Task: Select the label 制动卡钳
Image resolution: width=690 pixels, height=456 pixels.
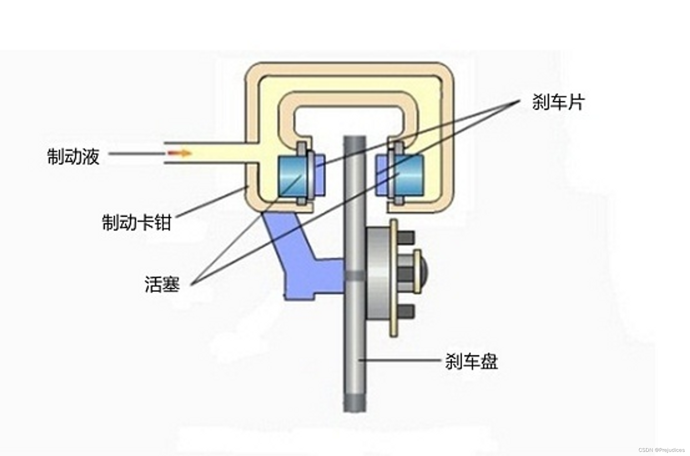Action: point(137,222)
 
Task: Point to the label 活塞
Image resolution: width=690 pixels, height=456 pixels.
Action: point(162,284)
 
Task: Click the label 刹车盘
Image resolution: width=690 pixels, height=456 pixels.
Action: point(471,361)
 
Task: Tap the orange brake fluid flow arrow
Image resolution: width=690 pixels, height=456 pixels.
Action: point(179,153)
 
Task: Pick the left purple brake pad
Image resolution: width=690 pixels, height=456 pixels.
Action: point(319,176)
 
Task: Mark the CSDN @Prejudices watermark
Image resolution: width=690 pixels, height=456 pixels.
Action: point(661,450)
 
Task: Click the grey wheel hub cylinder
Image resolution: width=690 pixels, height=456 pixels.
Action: point(378,272)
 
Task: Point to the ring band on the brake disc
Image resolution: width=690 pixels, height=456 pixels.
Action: point(355,274)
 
